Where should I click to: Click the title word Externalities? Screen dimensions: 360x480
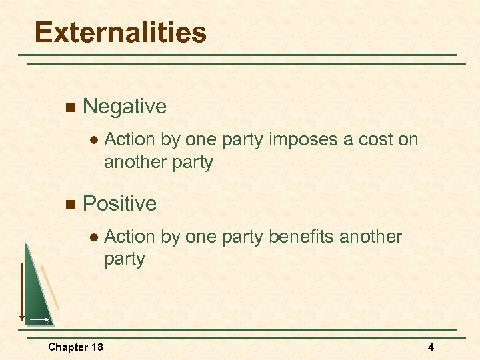[121, 32]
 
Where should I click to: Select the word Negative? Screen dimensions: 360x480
[125, 106]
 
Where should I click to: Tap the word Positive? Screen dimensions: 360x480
[120, 203]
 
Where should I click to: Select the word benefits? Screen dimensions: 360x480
[303, 237]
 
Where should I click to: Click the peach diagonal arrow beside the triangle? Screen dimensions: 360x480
[50, 287]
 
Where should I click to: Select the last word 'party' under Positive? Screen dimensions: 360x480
[125, 259]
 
